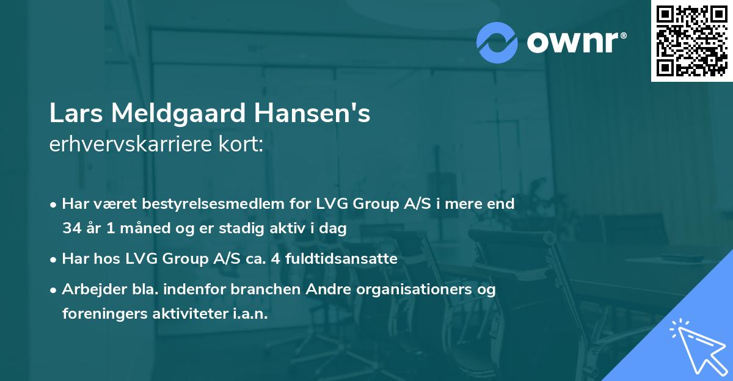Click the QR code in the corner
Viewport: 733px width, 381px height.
(691, 40)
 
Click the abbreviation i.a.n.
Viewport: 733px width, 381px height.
(249, 314)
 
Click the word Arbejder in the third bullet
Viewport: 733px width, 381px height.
(87, 289)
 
